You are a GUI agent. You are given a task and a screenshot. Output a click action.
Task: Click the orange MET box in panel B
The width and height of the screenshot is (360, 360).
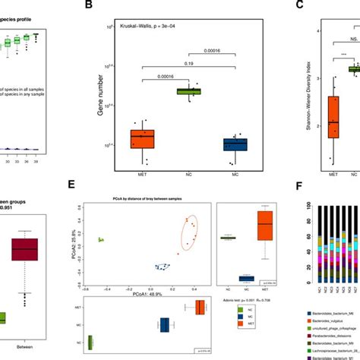[x=142, y=139]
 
